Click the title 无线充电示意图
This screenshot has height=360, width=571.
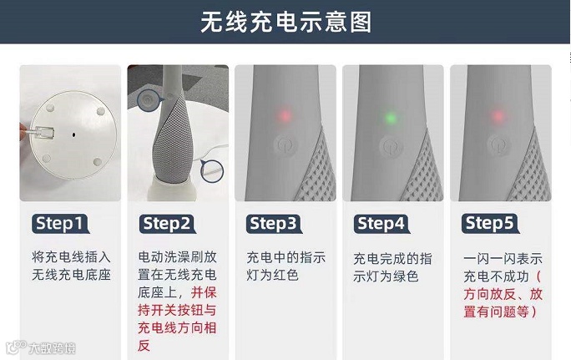pos(285,22)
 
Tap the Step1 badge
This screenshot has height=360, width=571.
pos(60,223)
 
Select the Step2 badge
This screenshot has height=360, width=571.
pos(168,223)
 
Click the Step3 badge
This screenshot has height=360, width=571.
pos(274,223)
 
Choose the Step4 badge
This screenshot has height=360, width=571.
pos(382,223)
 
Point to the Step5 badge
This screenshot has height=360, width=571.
pos(490,223)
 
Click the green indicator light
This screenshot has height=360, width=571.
pos(391,118)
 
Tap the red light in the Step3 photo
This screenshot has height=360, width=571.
pos(285,115)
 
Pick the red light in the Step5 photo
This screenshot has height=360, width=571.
pos(498,116)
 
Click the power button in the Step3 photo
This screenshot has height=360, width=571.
pos(285,145)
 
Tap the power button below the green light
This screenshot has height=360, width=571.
pos(391,146)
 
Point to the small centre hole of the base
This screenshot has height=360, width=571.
pos(74,134)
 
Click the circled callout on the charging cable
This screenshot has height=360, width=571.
pos(211,170)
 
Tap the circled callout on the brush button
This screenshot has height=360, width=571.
pos(148,100)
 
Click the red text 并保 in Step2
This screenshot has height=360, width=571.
pos(204,292)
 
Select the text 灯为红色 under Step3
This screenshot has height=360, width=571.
pos(272,275)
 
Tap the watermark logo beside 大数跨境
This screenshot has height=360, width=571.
pos(17,347)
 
